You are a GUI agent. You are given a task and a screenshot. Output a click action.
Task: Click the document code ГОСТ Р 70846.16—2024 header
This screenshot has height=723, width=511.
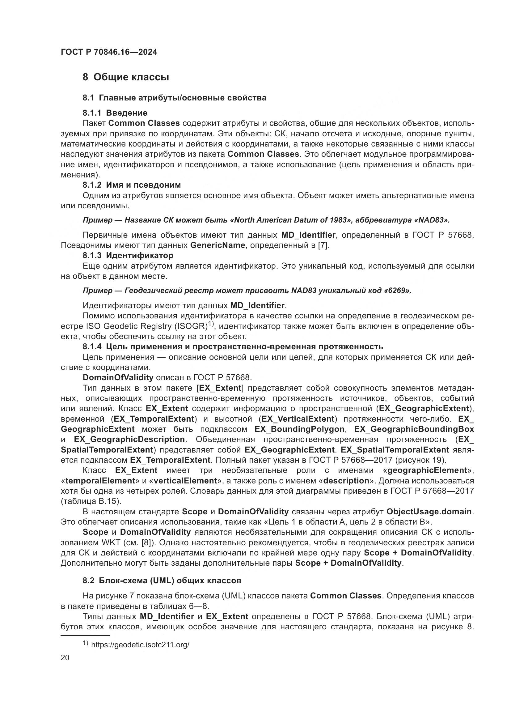click(109, 52)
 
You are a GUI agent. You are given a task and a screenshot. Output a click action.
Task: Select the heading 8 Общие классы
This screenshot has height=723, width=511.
click(126, 77)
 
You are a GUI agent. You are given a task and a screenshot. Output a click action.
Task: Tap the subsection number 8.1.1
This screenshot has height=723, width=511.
click(92, 113)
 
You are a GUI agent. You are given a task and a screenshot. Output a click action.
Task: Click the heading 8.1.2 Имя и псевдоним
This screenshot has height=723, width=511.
click(132, 185)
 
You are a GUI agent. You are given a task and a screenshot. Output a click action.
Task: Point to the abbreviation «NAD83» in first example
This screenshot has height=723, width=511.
click(432, 220)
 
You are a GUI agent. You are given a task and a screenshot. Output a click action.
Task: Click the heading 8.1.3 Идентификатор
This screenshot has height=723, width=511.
click(128, 255)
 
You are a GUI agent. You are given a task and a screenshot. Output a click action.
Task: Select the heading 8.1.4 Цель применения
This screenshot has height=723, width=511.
click(233, 347)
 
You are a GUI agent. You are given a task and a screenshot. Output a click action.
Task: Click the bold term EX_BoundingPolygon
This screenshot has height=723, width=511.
click(299, 429)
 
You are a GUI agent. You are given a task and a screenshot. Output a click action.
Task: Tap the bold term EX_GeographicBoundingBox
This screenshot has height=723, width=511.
click(414, 429)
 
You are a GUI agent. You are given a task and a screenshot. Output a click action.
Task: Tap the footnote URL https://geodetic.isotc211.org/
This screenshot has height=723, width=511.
click(140, 644)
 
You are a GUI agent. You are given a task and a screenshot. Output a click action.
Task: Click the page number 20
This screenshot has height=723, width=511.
click(65, 658)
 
